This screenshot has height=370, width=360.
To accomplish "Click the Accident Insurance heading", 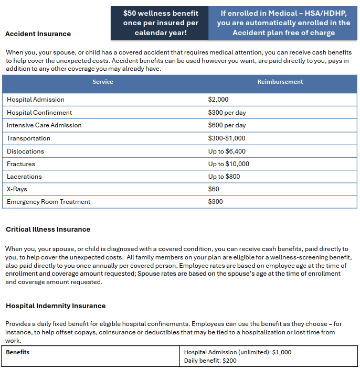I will [x=38, y=34].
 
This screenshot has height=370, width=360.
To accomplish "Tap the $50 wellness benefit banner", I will [x=161, y=23].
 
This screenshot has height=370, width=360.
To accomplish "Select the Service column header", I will [x=103, y=82].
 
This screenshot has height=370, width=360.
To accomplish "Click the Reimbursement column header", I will [x=280, y=82].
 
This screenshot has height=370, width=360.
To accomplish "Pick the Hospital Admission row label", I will [x=36, y=100].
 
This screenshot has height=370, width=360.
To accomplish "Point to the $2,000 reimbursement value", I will [x=218, y=100].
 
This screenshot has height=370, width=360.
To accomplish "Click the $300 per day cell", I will [x=227, y=113].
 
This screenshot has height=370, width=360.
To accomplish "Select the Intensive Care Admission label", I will [x=44, y=125].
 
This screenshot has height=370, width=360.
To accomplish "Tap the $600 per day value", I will [x=227, y=125].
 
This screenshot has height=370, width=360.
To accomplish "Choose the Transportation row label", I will [x=28, y=138].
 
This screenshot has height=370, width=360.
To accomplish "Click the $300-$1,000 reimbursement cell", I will [x=227, y=138].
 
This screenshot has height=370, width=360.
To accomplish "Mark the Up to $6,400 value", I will [x=227, y=151].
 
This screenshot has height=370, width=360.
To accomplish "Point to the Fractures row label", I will [x=21, y=164].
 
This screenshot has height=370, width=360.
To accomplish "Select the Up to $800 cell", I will [x=224, y=177].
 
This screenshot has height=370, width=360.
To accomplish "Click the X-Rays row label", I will [x=17, y=189].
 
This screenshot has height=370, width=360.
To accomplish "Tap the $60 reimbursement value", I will [x=214, y=189].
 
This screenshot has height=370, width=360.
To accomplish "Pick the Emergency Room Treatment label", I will [x=48, y=202].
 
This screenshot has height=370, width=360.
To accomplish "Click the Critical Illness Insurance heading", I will [x=48, y=229].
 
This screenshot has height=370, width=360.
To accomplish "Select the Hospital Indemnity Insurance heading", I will [x=56, y=306].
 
